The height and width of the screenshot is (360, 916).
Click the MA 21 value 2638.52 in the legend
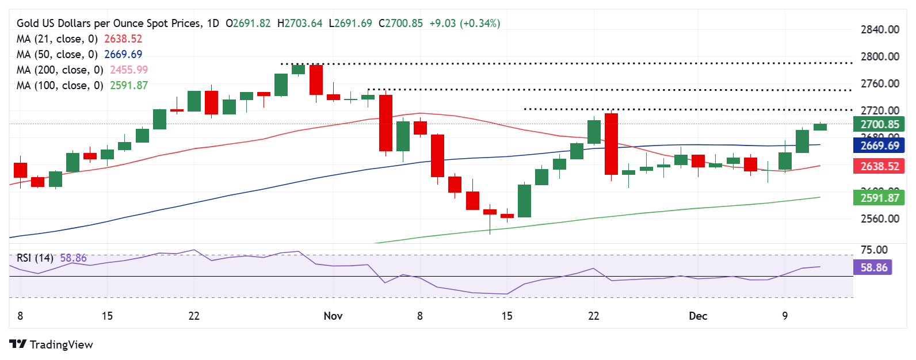pos(123,39)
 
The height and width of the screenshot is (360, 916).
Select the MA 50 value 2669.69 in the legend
pos(123,55)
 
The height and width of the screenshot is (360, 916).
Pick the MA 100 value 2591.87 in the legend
pos(129,86)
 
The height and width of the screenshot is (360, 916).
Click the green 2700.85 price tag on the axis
pos(879,124)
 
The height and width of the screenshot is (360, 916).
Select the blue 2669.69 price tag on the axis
pos(879,145)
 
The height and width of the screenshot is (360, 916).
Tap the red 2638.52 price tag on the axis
pos(879,166)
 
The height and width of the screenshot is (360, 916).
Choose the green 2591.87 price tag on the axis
pos(879,198)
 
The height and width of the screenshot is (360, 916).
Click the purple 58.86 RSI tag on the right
pos(873,267)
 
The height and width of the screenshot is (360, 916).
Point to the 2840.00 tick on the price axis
pos(880,29)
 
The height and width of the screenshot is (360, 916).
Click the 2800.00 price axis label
pos(880,56)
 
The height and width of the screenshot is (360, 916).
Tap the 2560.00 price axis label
pos(880,219)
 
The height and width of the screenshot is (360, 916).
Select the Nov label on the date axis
pos(333,316)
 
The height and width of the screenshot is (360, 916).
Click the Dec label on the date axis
pos(698,316)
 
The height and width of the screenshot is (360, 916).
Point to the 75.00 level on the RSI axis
pos(874,250)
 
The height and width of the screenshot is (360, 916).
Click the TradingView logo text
pos(61,344)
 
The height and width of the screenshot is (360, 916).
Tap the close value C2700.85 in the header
pos(400,24)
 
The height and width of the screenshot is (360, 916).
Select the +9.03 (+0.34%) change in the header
pos(465,24)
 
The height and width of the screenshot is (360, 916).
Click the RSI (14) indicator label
pos(35,258)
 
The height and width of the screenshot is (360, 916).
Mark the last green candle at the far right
pos(820,127)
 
